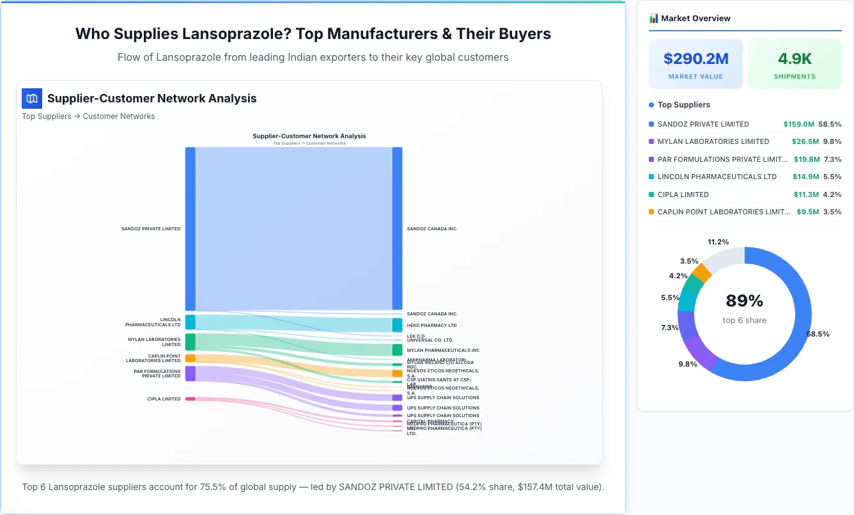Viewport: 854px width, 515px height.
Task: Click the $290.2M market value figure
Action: pyautogui.click(x=695, y=59)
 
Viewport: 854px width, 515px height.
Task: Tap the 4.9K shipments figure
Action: pyautogui.click(x=795, y=59)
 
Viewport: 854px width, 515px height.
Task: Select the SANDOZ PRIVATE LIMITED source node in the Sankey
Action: pyautogui.click(x=190, y=228)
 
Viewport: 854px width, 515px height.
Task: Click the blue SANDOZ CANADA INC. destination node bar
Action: pyautogui.click(x=397, y=228)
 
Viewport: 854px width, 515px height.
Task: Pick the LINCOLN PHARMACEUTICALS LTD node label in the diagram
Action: pyautogui.click(x=153, y=322)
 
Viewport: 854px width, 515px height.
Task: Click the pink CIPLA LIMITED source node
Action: pyautogui.click(x=190, y=399)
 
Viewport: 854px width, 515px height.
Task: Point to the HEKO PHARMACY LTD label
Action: pyautogui.click(x=431, y=326)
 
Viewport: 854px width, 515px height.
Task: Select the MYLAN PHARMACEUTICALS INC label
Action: pyautogui.click(x=443, y=351)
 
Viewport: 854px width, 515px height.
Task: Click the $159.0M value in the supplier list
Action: pyautogui.click(x=798, y=124)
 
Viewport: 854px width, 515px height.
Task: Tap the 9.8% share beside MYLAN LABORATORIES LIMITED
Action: pyautogui.click(x=832, y=141)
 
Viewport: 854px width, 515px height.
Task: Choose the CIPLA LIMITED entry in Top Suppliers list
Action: pyautogui.click(x=683, y=194)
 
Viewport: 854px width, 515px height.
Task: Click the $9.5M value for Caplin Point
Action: pyautogui.click(x=807, y=212)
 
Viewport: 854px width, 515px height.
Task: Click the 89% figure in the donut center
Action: pyautogui.click(x=744, y=301)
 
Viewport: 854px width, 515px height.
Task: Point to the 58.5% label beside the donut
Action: pyautogui.click(x=818, y=334)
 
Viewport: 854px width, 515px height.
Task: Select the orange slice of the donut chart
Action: pyautogui.click(x=702, y=273)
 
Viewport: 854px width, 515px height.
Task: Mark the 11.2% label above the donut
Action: pyautogui.click(x=718, y=242)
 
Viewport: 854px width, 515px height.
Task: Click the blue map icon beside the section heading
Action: pyautogui.click(x=31, y=99)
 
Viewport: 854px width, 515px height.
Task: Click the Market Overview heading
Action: pyautogui.click(x=695, y=18)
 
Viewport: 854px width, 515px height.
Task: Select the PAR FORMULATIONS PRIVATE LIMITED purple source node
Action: pyautogui.click(x=190, y=374)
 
